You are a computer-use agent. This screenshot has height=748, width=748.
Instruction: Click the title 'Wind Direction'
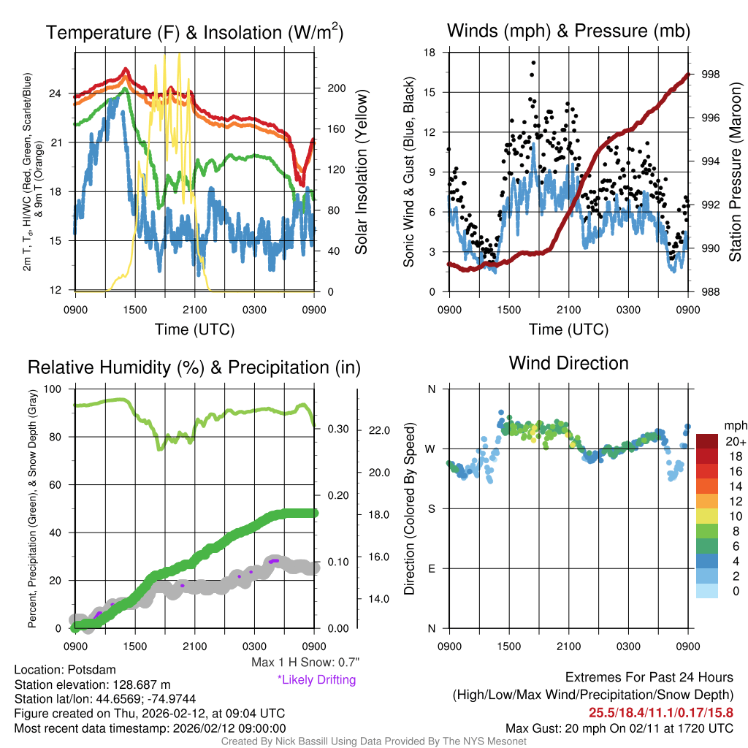point(568,363)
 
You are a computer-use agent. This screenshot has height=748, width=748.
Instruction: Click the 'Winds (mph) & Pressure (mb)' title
point(568,31)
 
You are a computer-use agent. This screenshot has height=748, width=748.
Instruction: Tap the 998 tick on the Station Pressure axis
point(706,75)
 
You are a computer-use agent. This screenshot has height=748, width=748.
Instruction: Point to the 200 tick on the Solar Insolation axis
point(336,88)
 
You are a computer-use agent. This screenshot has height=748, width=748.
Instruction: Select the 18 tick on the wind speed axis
point(430,53)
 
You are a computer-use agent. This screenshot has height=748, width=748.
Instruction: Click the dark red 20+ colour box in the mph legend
point(708,441)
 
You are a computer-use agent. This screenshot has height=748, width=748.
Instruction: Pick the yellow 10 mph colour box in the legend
point(708,516)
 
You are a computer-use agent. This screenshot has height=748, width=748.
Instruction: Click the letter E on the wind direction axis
point(431,568)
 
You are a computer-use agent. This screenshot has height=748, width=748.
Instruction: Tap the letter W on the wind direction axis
point(430,449)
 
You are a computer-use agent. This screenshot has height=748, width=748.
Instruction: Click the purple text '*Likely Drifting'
point(316,679)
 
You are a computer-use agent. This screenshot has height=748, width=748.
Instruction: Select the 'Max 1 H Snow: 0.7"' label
point(305,663)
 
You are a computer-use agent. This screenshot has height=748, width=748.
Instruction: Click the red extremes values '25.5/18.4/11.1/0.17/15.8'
point(661,711)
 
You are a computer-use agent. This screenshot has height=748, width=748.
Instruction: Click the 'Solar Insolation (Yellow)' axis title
point(362,172)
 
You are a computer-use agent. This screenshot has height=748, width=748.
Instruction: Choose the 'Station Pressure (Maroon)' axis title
point(735,172)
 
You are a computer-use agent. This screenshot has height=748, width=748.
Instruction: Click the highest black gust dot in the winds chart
point(534,63)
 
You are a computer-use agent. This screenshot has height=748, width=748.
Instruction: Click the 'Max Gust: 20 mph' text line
point(619,728)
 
